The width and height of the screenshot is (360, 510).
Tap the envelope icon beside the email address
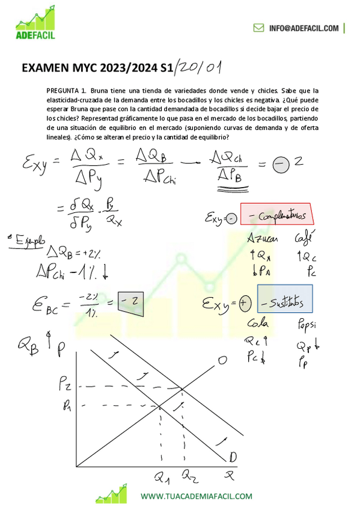pos(258,28)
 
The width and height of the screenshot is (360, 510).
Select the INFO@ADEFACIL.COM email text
pos(304,28)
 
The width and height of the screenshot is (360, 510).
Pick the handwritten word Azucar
pos(263,239)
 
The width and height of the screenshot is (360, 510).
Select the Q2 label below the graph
pos(189,478)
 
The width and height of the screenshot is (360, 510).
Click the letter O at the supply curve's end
pos(222,360)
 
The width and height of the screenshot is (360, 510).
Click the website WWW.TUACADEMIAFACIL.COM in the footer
pos(196,496)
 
